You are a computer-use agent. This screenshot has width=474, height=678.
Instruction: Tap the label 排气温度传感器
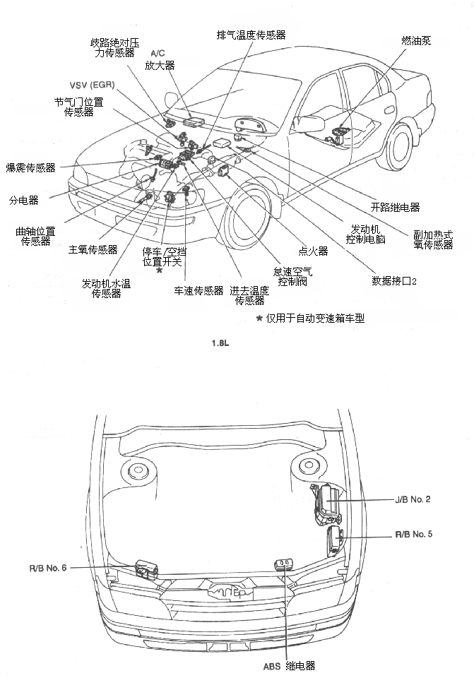coord(251,35)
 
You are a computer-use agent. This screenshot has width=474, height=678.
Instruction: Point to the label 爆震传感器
coord(30,168)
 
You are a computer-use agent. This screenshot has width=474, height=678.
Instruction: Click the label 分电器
coord(23,200)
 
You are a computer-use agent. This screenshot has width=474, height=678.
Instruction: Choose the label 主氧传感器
coord(93,249)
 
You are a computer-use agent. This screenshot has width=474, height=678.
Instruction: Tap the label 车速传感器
coord(199,290)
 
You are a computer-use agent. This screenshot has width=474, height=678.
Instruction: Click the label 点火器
coord(313,251)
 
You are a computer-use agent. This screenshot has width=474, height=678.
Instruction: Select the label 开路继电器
coord(395,208)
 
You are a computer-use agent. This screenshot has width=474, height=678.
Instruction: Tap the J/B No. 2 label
coord(413,499)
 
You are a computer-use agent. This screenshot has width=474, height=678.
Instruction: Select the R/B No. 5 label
coord(413,534)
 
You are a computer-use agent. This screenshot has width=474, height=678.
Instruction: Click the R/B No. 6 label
coord(48,567)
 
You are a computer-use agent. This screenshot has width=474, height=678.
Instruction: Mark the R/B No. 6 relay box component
coord(146,568)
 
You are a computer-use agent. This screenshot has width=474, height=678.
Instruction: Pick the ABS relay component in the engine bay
coord(283,564)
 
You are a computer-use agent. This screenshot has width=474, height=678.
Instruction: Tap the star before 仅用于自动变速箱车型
coord(259,319)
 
